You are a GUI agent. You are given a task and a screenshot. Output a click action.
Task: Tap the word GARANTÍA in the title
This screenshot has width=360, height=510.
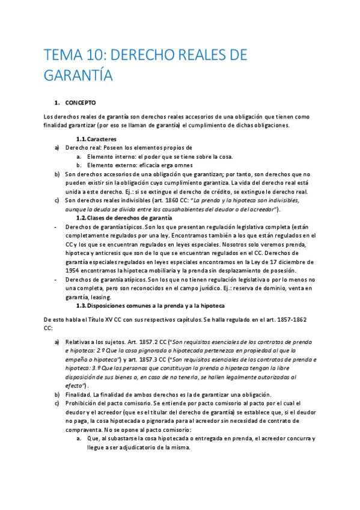[x=78, y=76]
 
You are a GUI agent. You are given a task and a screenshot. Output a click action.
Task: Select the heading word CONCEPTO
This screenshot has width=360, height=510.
[x=81, y=103]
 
